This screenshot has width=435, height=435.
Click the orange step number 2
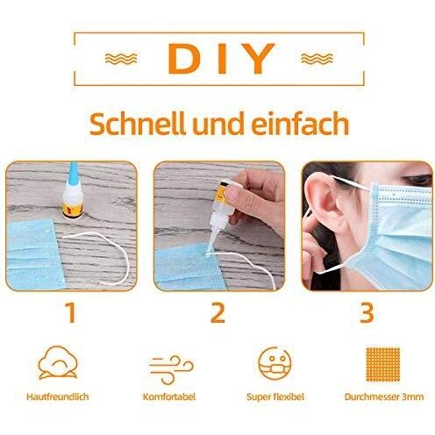click(218, 311)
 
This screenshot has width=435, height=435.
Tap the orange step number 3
click(367, 311)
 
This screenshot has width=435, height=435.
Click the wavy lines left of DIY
click(120, 60)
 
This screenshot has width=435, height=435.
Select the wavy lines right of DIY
click(315, 60)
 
